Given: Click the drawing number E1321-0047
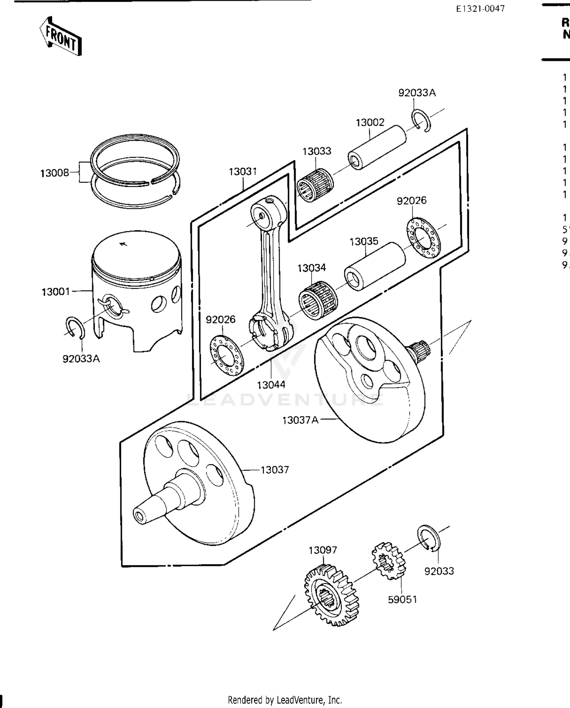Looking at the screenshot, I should coord(480,9).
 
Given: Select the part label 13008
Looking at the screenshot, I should coord(55,173).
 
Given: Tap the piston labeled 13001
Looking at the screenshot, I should coord(137,289).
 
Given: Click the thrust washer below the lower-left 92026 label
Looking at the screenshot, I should coord(226,355).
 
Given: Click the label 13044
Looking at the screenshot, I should coord(271,385).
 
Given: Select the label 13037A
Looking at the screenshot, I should coord(300,420).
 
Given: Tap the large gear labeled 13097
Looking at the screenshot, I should coord(331,595).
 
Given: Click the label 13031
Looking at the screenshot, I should coord(243,172).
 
